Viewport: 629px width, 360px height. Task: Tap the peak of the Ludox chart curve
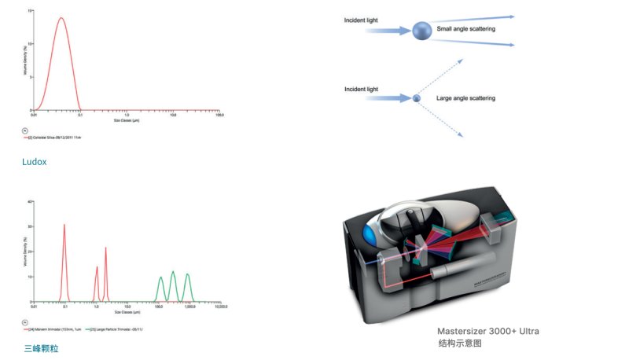click(x=60, y=18)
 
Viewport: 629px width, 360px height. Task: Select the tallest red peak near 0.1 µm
click(x=64, y=226)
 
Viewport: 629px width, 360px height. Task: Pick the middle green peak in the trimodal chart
click(x=174, y=273)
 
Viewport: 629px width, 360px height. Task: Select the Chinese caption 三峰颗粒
click(x=41, y=347)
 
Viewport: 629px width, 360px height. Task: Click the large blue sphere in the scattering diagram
click(x=422, y=31)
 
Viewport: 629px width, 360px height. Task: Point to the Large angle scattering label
click(x=465, y=98)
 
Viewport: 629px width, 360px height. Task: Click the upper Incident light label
click(x=361, y=20)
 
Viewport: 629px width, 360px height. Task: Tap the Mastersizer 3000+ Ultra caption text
click(x=488, y=331)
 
